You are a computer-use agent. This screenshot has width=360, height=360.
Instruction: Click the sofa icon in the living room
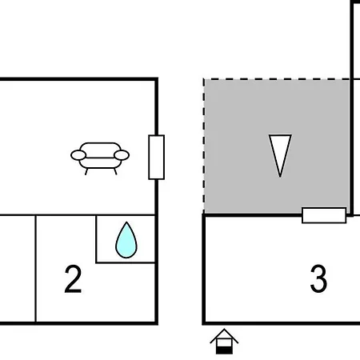(100, 158)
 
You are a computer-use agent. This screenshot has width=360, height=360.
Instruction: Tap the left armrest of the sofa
(78, 155)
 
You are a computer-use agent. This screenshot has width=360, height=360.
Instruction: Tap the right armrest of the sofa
(122, 155)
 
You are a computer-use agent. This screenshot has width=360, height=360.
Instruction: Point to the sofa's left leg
(86, 171)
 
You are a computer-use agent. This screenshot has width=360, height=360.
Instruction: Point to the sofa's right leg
(115, 171)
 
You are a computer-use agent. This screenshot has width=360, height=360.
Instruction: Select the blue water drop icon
(126, 240)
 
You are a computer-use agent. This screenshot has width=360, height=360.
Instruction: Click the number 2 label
(73, 279)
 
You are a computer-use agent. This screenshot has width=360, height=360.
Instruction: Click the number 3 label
(318, 279)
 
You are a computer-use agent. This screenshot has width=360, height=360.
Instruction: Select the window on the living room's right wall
(157, 158)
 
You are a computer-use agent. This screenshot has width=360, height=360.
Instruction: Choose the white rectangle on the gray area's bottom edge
(324, 215)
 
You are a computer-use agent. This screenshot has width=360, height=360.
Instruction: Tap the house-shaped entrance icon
(224, 342)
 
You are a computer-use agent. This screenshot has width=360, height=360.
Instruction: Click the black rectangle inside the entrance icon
(224, 350)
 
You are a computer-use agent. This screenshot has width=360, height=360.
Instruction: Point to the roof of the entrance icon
(224, 335)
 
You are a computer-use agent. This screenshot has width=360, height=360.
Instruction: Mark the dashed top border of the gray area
(277, 79)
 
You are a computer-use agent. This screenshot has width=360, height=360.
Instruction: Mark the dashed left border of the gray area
(204, 146)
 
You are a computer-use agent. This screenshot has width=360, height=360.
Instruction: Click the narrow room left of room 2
(18, 269)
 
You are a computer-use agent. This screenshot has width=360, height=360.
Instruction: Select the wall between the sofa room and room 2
(78, 214)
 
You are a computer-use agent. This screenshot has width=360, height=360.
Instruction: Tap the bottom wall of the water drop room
(126, 263)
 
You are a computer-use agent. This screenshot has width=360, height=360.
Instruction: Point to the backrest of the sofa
(100, 149)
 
